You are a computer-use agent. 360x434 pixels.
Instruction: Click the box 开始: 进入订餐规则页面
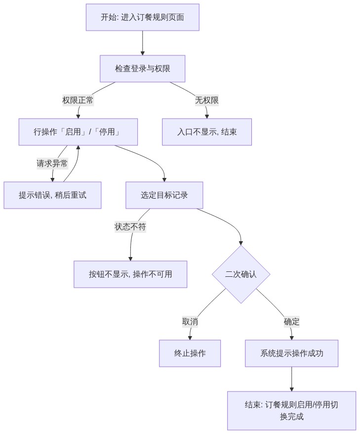(142, 17)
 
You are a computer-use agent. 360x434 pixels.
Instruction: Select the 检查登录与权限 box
(142, 69)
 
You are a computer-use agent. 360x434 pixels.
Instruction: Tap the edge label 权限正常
(78, 100)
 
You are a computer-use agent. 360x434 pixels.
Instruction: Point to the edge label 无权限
(207, 100)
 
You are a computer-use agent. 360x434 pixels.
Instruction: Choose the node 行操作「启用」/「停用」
(78, 132)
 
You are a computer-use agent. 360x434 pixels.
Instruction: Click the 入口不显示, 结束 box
(207, 132)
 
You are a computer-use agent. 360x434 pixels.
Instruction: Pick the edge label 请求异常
(52, 164)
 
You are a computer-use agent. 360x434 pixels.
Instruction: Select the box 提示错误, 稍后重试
(52, 195)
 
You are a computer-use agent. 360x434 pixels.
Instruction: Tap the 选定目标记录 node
(164, 195)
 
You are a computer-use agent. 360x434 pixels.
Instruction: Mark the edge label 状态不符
(130, 227)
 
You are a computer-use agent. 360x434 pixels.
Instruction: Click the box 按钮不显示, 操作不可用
(130, 274)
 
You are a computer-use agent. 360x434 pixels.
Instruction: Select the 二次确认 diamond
(241, 274)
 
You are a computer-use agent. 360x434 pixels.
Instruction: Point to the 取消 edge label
(190, 322)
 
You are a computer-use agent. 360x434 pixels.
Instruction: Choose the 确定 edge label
(292, 322)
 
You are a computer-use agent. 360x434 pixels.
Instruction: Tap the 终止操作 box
(190, 353)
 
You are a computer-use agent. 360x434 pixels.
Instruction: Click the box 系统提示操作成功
(292, 353)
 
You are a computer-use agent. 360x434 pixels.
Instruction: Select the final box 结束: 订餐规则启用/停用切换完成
(292, 410)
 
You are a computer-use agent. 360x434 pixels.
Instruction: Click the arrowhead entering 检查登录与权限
(143, 53)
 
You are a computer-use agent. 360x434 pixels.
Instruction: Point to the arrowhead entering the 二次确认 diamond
(241, 243)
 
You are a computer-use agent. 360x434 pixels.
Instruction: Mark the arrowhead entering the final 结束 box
(292, 389)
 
